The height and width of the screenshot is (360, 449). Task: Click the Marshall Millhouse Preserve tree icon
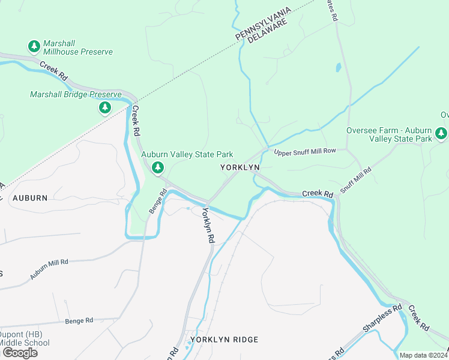pyautogui.click(x=34, y=46)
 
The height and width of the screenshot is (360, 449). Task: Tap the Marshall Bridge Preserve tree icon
pyautogui.click(x=105, y=107)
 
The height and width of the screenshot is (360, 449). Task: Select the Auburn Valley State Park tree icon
pyautogui.click(x=158, y=167)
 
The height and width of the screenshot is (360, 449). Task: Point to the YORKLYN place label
pyautogui.click(x=239, y=168)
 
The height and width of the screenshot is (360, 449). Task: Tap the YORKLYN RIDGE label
pyautogui.click(x=224, y=340)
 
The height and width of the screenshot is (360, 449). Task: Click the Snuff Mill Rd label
pyautogui.click(x=356, y=179)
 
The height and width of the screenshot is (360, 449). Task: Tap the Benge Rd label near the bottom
pyautogui.click(x=80, y=321)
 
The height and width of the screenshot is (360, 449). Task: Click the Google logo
pyautogui.click(x=20, y=353)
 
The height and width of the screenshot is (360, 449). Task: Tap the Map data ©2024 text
pyautogui.click(x=424, y=355)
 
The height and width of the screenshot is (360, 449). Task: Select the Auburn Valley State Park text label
pyautogui.click(x=187, y=155)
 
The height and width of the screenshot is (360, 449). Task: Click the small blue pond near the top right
pyautogui.click(x=338, y=67)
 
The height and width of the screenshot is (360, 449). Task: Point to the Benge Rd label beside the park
pyautogui.click(x=157, y=200)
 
